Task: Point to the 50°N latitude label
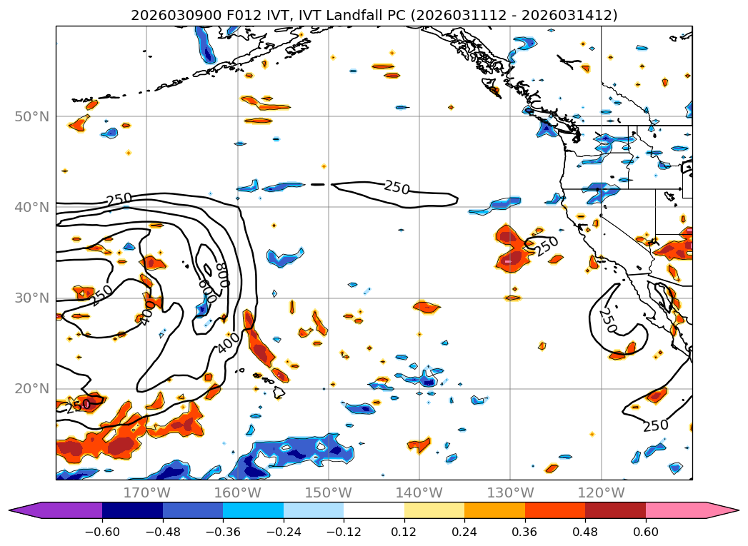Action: pos(31,116)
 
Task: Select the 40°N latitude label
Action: pos(31,207)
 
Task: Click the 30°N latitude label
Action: pos(31,298)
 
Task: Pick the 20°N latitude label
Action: pos(31,388)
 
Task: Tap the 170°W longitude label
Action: pos(146,492)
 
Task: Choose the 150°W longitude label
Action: pos(328,492)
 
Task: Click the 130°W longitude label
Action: pos(509,492)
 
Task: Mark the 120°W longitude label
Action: pos(600,492)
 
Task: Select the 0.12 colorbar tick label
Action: pos(404,532)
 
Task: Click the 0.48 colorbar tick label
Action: pos(585,532)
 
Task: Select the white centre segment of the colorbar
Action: pos(374,510)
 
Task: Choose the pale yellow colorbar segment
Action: pos(434,510)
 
